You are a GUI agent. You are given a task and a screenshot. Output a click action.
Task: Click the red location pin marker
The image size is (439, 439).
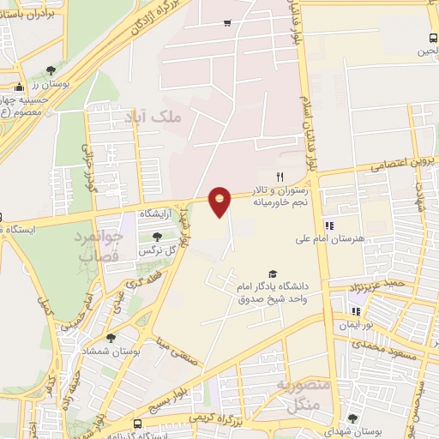(220, 201)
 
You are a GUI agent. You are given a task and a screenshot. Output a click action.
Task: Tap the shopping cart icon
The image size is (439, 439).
(226, 23)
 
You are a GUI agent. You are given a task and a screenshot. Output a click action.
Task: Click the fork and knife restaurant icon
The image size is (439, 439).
(280, 176)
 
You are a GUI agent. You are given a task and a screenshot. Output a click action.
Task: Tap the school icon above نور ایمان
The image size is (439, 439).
(356, 311)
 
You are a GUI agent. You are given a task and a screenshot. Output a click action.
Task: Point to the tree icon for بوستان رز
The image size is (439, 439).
(52, 69)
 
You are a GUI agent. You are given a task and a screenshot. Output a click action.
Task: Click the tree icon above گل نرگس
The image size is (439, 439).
(156, 237)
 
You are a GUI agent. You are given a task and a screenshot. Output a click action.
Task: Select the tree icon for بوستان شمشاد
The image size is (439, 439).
(111, 339)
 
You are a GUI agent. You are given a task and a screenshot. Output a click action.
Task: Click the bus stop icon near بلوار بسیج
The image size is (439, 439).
(138, 424)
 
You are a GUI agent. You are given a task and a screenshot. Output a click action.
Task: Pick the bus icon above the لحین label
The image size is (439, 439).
(432, 38)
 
